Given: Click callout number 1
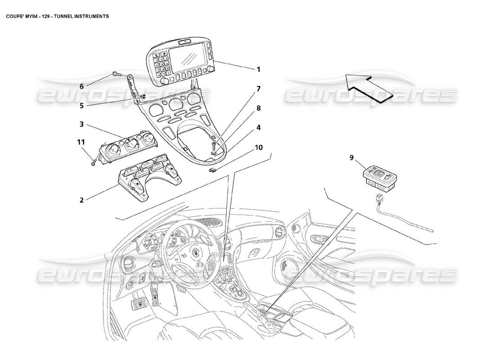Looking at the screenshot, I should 258,69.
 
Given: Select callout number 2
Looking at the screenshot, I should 81,200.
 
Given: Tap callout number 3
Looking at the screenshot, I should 81,124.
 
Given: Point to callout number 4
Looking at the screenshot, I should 258,127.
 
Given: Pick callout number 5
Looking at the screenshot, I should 81,106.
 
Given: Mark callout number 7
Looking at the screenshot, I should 258,89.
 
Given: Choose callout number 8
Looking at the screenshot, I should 258,108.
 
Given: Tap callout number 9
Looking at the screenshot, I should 351,157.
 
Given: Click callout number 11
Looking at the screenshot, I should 81,142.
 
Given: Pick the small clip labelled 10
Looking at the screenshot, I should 213,169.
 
